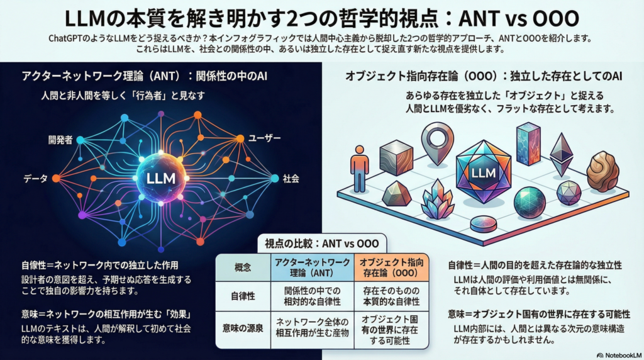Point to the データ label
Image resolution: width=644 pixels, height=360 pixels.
click(x=35, y=179)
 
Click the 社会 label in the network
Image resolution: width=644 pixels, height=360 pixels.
click(x=291, y=178)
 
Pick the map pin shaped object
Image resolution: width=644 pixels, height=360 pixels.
click(x=435, y=142)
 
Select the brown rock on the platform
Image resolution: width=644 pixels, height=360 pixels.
click(x=602, y=171)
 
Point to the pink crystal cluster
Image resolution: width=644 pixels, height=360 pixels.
click(x=438, y=201)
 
